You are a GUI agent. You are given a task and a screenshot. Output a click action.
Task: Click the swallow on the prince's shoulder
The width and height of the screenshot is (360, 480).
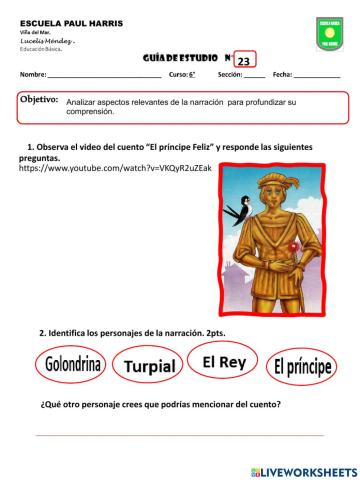[x=239, y=209]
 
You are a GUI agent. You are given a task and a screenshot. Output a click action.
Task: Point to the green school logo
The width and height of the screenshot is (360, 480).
[x=329, y=33]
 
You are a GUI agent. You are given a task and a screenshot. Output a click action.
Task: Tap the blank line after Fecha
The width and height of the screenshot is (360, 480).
[x=317, y=77]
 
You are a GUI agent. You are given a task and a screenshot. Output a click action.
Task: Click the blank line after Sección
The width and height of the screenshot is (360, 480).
[x=254, y=77]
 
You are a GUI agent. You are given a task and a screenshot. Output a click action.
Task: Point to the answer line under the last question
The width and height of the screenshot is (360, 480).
[x=180, y=435]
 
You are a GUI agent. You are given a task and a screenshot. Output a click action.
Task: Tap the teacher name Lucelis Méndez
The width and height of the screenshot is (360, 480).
[x=46, y=39]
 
